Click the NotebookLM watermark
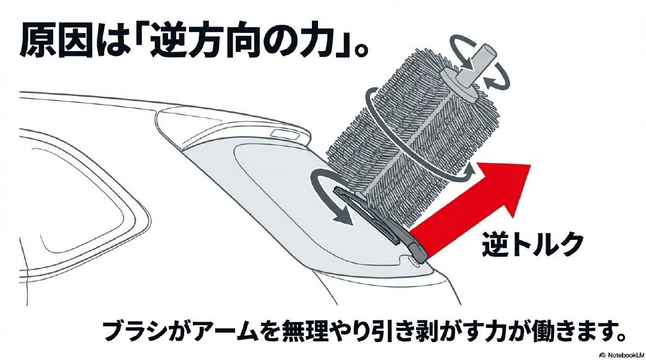pyautogui.click(x=622, y=354)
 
